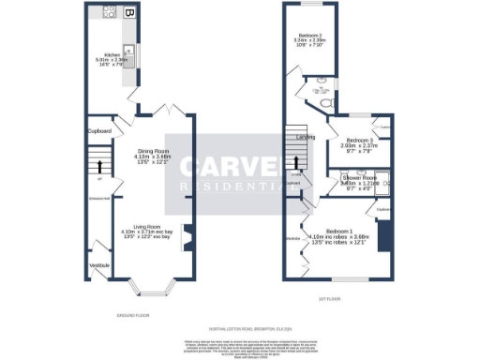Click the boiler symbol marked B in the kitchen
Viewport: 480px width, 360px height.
(129, 13)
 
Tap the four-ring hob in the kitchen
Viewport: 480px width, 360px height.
(109, 13)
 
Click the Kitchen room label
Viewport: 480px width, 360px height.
(112, 55)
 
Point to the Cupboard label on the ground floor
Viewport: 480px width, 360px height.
(101, 130)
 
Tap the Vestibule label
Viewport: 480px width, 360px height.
(99, 265)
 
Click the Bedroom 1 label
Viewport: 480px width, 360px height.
(339, 231)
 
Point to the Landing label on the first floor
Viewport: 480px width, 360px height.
(306, 138)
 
